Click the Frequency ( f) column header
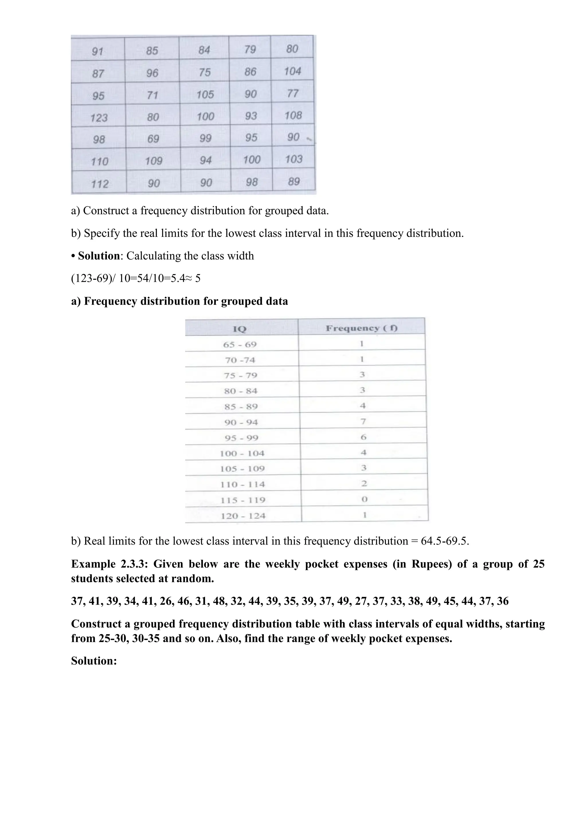[x=361, y=328]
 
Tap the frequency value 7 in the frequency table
[x=363, y=421]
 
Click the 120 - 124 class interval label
[x=243, y=516]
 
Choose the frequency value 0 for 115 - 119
[x=364, y=499]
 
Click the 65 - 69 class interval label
[x=240, y=344]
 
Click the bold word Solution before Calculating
[x=99, y=256]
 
